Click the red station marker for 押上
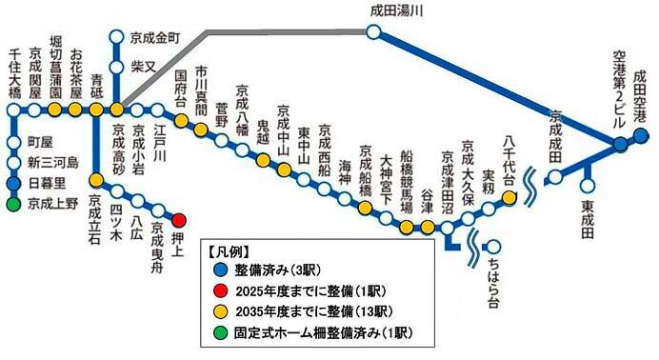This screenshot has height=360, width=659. pos(178,219)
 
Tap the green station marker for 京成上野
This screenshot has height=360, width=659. pos(13,203)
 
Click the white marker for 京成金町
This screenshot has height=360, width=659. pos(115,39)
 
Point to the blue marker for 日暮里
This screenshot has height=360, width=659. pos(13,183)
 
